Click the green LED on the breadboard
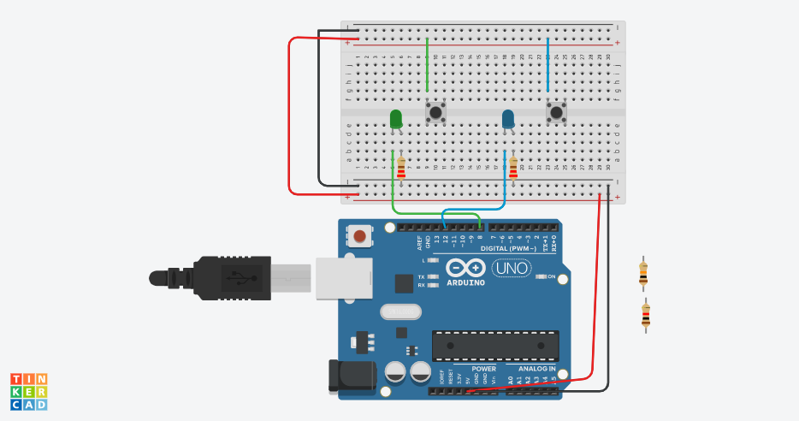point(396,119)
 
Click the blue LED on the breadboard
point(508,119)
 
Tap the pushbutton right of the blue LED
point(557,111)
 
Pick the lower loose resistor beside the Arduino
point(646,316)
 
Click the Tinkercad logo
point(29,391)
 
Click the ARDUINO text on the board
point(465,282)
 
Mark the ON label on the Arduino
point(551,277)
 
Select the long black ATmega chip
point(495,345)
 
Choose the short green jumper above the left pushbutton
point(427,65)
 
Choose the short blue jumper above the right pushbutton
point(547,65)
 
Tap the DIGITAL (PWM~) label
point(508,248)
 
